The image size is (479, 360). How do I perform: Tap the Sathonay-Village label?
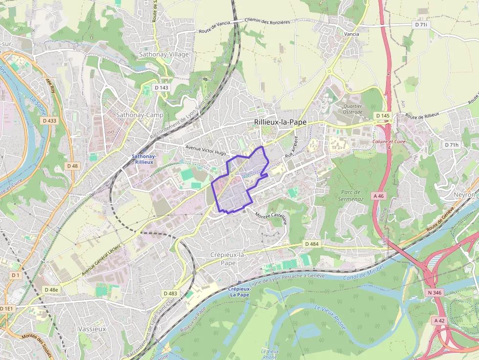coord(164,54)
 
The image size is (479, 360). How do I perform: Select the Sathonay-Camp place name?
coord(140,115)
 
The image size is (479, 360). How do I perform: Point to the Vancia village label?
coord(351,34)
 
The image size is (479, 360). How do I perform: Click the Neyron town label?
coord(464,194)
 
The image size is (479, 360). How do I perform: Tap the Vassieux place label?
coord(91,329)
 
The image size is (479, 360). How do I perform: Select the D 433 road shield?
coord(49,121)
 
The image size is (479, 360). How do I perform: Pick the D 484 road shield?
coord(311,244)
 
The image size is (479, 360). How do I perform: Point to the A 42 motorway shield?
coord(439,320)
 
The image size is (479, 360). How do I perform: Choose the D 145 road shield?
coord(383,116)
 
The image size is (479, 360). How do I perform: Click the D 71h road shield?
coord(452,145)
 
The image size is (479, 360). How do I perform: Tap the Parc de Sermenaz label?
coord(350,195)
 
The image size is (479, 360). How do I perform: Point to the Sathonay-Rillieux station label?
coord(144,159)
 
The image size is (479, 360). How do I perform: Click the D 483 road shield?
coord(170,293)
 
